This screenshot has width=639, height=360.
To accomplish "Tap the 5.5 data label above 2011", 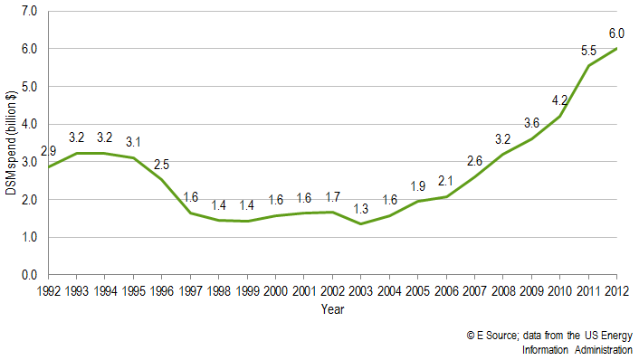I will click(x=587, y=52).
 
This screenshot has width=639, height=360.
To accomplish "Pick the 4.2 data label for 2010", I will click(x=559, y=99).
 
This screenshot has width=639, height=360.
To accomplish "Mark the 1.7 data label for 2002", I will click(x=332, y=196).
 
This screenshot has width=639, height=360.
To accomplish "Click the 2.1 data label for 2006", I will click(x=445, y=180).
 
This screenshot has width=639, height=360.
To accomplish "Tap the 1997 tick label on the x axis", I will click(x=190, y=290).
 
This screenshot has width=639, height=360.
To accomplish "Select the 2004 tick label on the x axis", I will click(x=388, y=290).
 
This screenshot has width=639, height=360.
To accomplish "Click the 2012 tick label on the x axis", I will click(x=615, y=290).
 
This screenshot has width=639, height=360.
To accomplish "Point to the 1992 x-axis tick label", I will click(x=49, y=290).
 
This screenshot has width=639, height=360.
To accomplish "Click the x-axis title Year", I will click(x=332, y=309).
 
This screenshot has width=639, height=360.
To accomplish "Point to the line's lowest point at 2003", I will click(x=360, y=223).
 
